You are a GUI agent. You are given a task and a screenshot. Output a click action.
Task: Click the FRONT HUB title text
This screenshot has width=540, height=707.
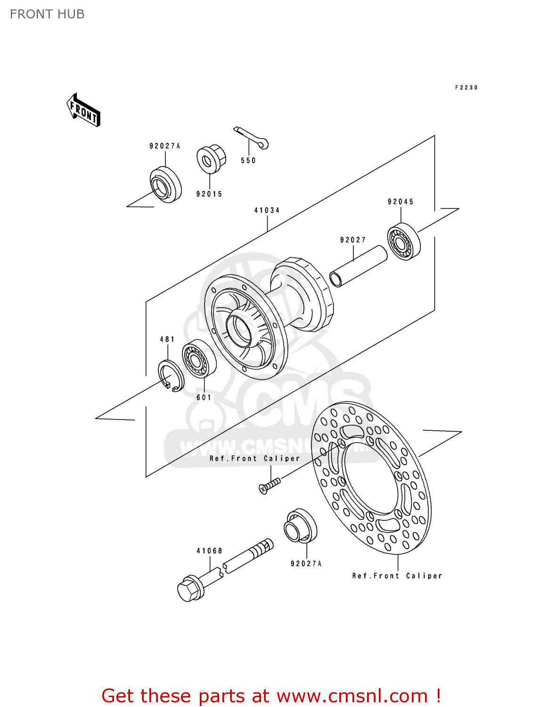click(x=47, y=14)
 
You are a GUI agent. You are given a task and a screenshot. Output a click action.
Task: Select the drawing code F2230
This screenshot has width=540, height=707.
click(x=466, y=88)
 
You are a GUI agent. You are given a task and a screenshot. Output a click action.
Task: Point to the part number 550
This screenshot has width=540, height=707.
click(x=248, y=161)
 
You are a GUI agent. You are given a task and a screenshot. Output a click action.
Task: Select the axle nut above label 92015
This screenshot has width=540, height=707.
click(x=211, y=160)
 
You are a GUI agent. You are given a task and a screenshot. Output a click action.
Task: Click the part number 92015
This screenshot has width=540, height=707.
click(x=209, y=194)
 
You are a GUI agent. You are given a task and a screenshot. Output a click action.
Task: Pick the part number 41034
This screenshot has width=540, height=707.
click(x=267, y=211)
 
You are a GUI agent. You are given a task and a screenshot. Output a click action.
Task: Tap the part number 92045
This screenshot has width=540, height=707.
click(x=401, y=202)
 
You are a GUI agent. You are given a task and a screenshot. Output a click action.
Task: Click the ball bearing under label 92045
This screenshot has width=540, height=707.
click(x=404, y=242)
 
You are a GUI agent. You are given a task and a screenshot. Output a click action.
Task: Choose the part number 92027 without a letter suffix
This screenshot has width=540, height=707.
click(x=353, y=240)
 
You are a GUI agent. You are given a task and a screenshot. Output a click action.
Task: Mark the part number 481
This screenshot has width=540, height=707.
click(x=167, y=339)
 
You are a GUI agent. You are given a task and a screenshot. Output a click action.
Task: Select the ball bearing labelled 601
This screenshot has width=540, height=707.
click(x=199, y=359)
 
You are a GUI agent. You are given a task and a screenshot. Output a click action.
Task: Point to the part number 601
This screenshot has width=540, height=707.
click(x=204, y=398)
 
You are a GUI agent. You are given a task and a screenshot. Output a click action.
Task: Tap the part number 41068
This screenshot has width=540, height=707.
click(x=210, y=551)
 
